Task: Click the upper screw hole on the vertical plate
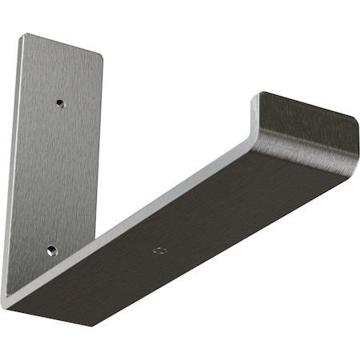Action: point(60,102)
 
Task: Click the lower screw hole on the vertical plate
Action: point(51,250)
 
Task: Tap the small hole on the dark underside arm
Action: point(160,250)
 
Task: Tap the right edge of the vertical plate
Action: point(102,160)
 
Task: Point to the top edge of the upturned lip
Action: point(308,105)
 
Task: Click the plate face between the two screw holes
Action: point(56,176)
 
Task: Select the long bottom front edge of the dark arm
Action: point(216,248)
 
